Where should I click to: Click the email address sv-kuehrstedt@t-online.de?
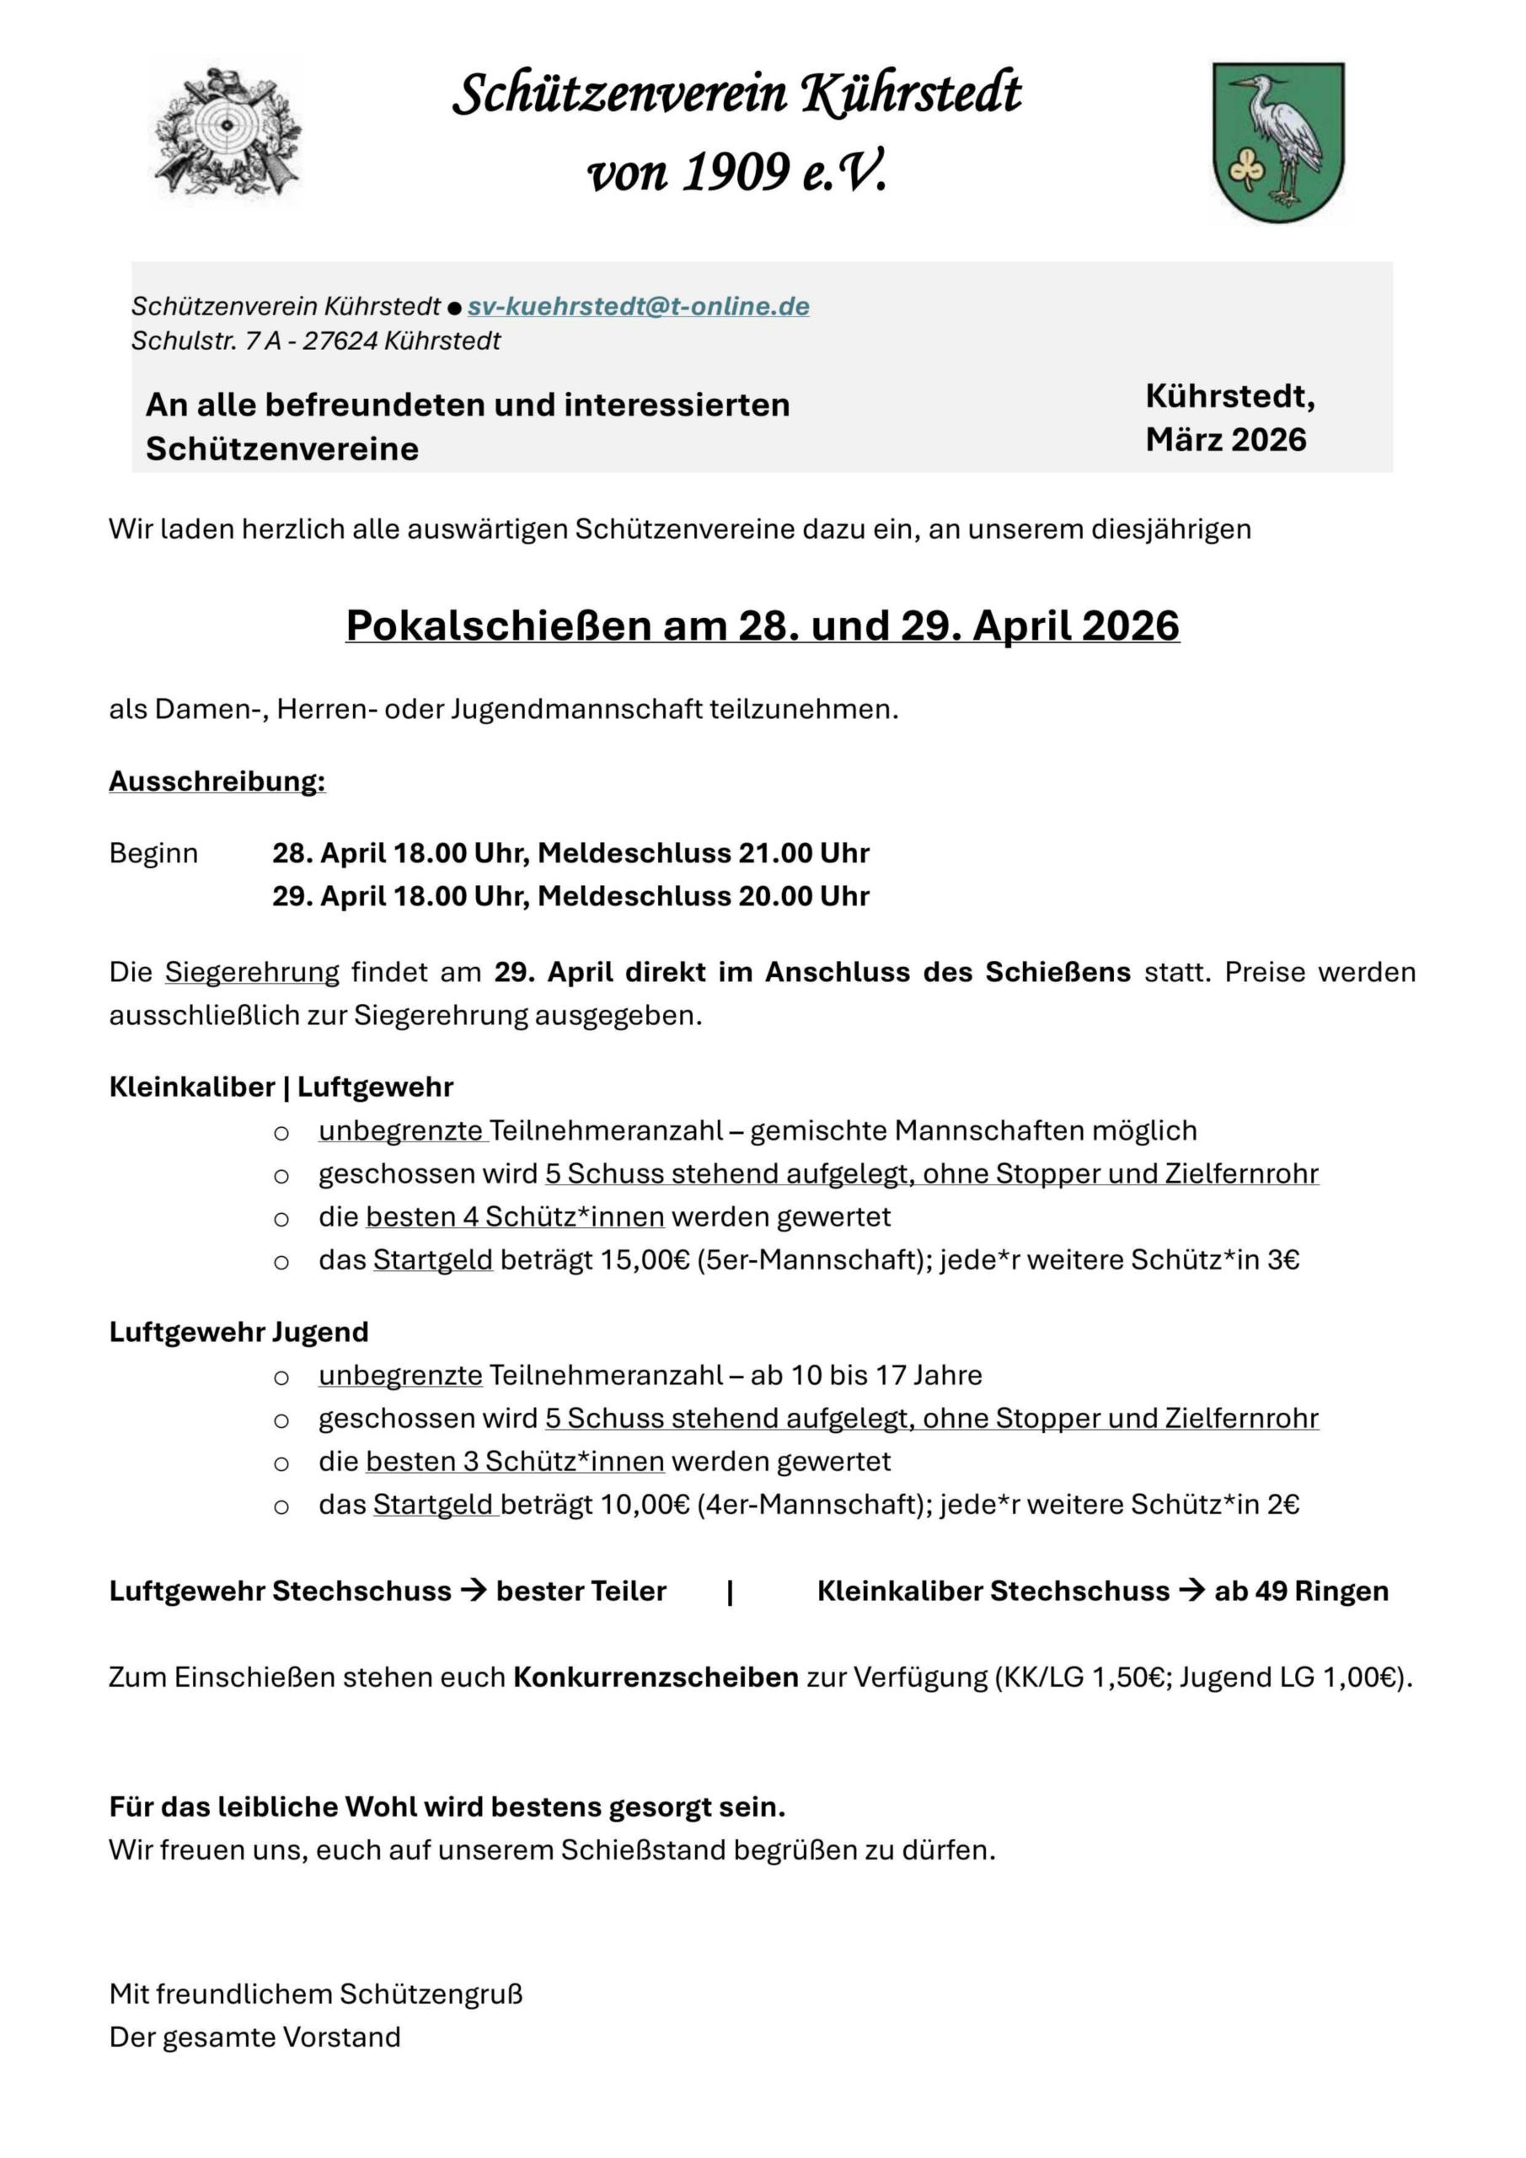[x=638, y=306]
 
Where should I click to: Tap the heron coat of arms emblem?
[x=1278, y=142]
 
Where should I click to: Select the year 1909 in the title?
[x=736, y=173]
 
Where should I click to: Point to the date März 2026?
[x=1225, y=440]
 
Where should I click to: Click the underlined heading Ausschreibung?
[x=217, y=781]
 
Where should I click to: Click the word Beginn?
[x=153, y=853]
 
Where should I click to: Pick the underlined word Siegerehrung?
[x=252, y=972]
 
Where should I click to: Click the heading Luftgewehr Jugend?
[x=238, y=1332]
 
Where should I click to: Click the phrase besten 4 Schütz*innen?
[x=515, y=1217]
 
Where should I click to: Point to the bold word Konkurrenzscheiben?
[x=655, y=1677]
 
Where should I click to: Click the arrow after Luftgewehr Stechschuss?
[x=474, y=1592]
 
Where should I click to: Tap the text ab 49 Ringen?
[x=1300, y=1592]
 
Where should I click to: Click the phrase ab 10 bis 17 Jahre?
[x=866, y=1375]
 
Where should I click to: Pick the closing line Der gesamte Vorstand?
[x=254, y=2037]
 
